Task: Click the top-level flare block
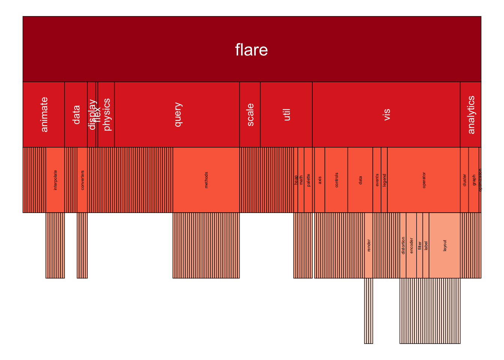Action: tap(252, 49)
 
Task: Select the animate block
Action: tap(43, 114)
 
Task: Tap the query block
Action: tap(177, 114)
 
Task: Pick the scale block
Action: tap(250, 114)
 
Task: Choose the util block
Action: tap(286, 114)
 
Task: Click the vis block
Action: tap(386, 114)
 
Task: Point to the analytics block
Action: tap(471, 114)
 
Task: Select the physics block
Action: tap(106, 114)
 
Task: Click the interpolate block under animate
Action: tap(55, 180)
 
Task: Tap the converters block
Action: tap(82, 180)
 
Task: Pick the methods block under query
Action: tap(206, 180)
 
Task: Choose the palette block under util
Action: tap(308, 180)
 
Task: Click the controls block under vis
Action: tap(336, 180)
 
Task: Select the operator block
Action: tap(424, 180)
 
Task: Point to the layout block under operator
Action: tap(444, 246)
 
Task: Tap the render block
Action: tap(369, 246)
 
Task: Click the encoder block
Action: tap(411, 246)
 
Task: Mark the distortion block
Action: tap(403, 246)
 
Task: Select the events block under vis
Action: tap(377, 180)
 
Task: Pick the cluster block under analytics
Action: tap(464, 180)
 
